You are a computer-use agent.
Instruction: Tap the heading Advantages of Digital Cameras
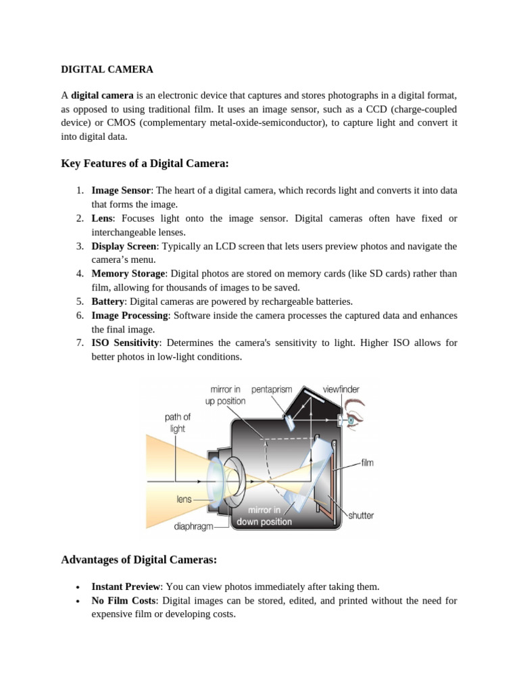click(x=139, y=560)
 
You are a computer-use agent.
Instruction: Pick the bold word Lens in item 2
click(x=103, y=218)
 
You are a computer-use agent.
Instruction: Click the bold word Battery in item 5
click(x=108, y=301)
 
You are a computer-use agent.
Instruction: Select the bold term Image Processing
click(x=130, y=316)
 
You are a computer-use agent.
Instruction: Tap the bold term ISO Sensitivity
click(x=125, y=343)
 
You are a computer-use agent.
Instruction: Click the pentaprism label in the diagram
click(x=272, y=390)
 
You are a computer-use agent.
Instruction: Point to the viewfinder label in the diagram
click(x=340, y=390)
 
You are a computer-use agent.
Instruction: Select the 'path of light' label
click(x=178, y=423)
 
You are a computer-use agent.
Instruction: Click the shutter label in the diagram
click(x=361, y=516)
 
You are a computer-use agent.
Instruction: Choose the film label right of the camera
click(x=367, y=464)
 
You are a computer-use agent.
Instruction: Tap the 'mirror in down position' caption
click(x=264, y=516)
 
